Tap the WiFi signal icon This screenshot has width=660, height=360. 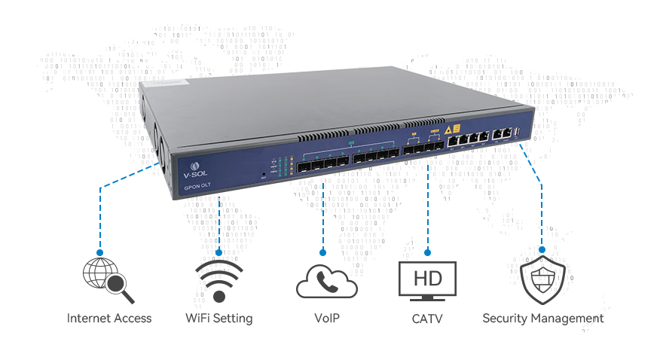(218, 280)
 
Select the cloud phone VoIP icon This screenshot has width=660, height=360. (326, 280)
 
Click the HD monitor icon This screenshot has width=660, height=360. (427, 280)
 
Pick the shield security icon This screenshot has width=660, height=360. (542, 280)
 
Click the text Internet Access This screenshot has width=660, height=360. (109, 319)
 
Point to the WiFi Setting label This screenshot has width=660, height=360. (218, 319)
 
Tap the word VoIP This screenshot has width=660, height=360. (326, 319)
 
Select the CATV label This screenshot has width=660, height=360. (427, 319)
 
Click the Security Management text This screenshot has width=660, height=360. (542, 319)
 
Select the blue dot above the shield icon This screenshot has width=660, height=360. (542, 249)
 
